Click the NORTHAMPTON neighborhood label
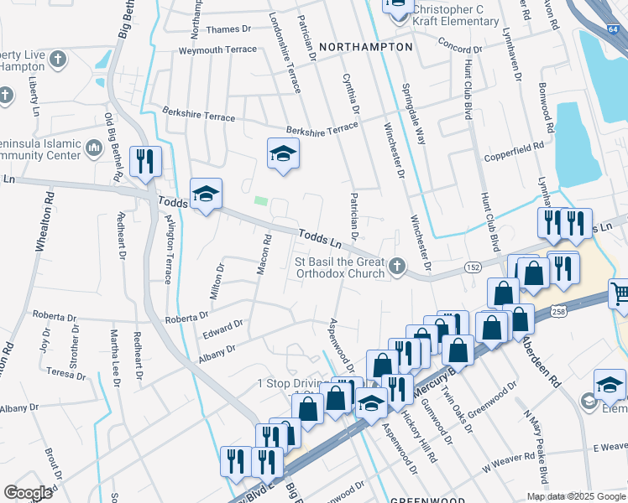point(367,47)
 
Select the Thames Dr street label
point(228,29)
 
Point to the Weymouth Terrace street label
point(217,50)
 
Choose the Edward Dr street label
point(222,329)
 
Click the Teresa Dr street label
point(66,374)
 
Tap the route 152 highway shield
point(474,267)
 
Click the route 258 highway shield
point(559,311)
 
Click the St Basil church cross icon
point(397,267)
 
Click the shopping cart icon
point(620,293)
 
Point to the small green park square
point(261,201)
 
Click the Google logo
point(28,492)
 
